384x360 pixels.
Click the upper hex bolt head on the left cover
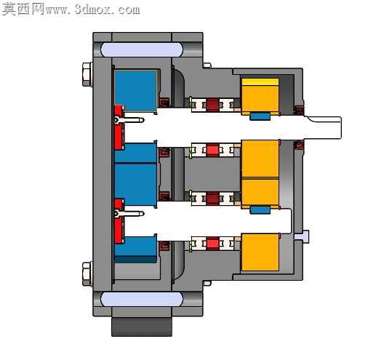tap(87, 74)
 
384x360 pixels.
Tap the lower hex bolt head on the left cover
tap(87, 273)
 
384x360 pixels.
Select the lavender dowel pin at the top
tap(142, 49)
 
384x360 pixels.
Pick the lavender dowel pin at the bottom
tap(142, 299)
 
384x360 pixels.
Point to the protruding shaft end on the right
tap(323, 127)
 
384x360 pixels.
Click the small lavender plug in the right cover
tap(302, 237)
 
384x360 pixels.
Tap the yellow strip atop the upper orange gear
tap(260, 81)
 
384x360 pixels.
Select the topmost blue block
tap(136, 90)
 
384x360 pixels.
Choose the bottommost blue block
tap(136, 249)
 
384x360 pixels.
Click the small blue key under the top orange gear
tap(260, 116)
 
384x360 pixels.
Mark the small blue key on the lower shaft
tap(260, 210)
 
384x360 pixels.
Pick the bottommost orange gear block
tap(260, 252)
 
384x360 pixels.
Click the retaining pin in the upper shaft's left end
tap(129, 120)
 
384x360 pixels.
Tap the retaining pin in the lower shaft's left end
tap(129, 214)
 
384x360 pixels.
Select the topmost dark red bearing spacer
tap(212, 105)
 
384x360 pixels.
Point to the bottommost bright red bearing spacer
tap(212, 244)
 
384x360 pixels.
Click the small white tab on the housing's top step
tap(207, 65)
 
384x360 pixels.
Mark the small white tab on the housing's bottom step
tap(207, 283)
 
